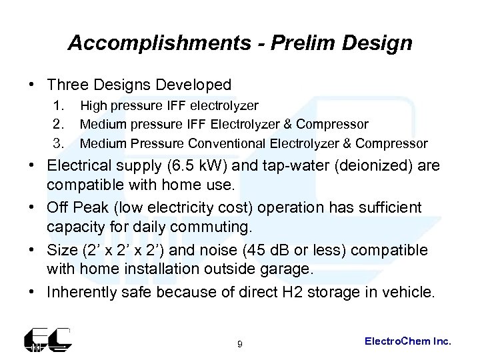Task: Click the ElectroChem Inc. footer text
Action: pyautogui.click(x=409, y=341)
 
